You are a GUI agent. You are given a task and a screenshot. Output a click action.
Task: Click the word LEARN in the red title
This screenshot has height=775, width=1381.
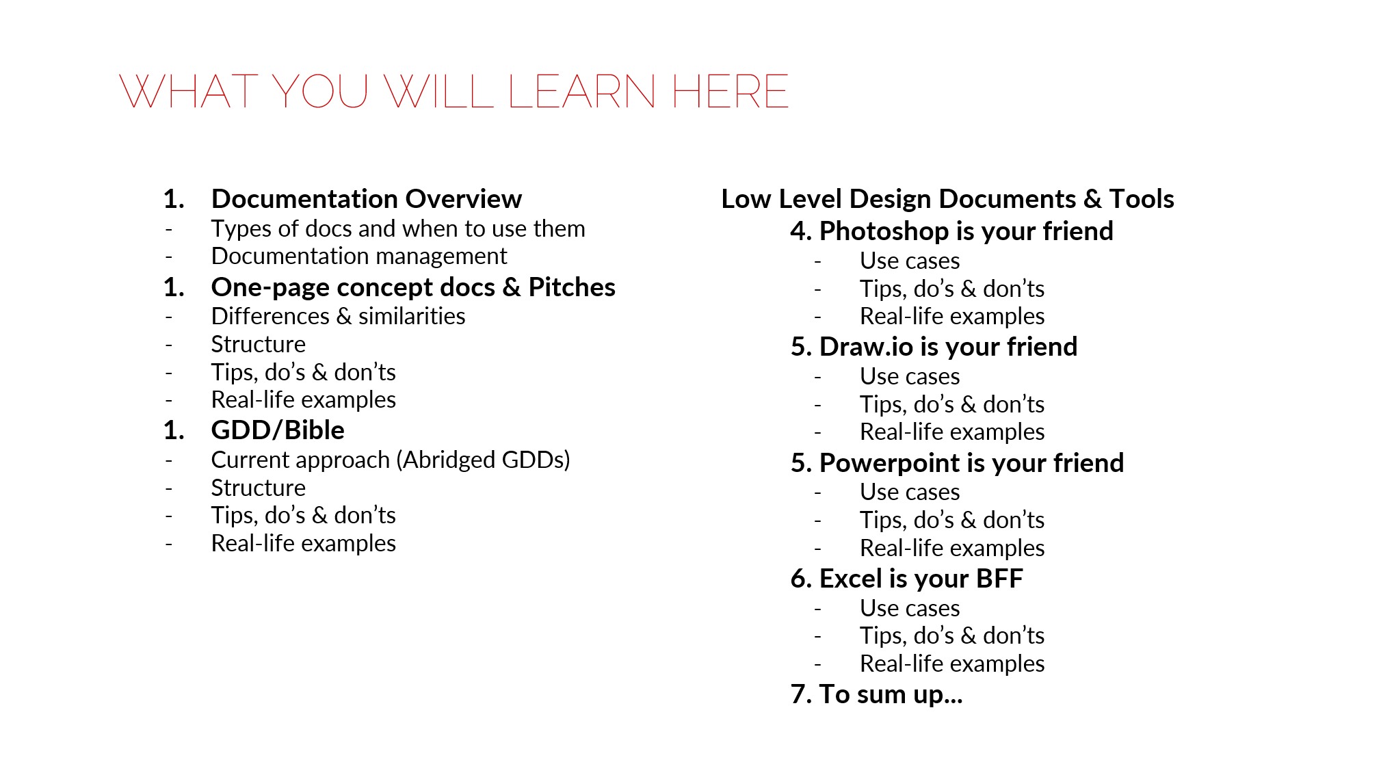[x=582, y=92]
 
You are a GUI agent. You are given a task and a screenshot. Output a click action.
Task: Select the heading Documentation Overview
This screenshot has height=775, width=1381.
[x=367, y=199]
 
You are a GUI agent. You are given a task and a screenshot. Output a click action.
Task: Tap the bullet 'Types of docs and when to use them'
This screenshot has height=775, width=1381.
[x=398, y=228]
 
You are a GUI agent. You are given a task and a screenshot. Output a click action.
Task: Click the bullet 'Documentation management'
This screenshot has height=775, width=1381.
[x=359, y=256]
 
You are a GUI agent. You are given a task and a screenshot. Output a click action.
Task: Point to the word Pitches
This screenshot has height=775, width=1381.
[x=572, y=287]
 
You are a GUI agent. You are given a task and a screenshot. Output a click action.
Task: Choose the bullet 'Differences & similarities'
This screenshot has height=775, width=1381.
[x=338, y=316]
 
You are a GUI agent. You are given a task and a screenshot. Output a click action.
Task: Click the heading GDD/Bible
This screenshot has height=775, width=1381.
[x=278, y=430]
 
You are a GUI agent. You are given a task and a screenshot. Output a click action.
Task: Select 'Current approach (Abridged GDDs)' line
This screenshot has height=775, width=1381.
[x=391, y=460]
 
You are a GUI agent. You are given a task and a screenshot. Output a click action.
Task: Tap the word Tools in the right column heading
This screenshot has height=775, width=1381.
[x=1142, y=199]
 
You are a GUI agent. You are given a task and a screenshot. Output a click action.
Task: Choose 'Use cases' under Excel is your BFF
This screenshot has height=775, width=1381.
[x=910, y=608]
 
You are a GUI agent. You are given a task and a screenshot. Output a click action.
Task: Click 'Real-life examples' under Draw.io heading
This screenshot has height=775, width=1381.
[x=952, y=432]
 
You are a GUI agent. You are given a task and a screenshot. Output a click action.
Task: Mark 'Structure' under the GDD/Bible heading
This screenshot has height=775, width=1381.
[x=258, y=488]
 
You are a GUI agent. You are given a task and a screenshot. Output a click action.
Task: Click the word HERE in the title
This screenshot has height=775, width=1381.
[x=731, y=92]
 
